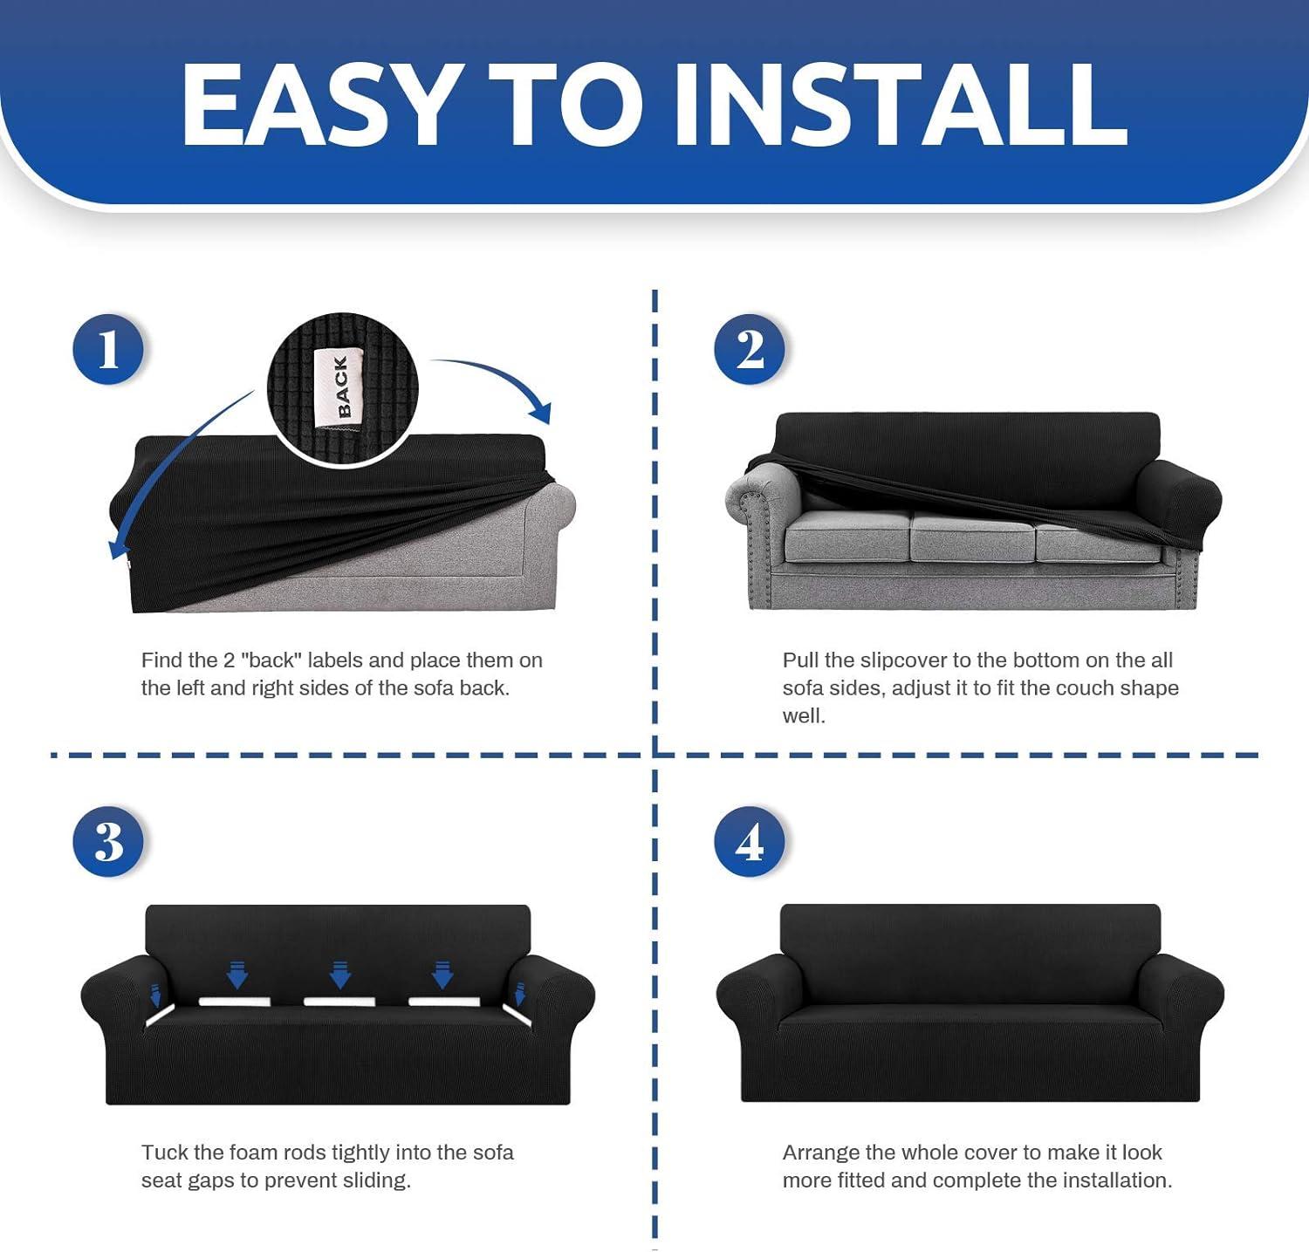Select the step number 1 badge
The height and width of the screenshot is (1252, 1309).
(107, 349)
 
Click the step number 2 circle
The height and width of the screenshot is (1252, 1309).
(749, 349)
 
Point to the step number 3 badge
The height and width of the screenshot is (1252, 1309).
(107, 841)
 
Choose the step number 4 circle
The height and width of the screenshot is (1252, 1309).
(749, 841)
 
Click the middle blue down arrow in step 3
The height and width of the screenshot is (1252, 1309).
(339, 974)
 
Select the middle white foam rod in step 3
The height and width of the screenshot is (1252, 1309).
(339, 1001)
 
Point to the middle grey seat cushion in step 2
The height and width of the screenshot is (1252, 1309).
(971, 535)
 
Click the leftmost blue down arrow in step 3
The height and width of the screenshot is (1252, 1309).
(155, 994)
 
